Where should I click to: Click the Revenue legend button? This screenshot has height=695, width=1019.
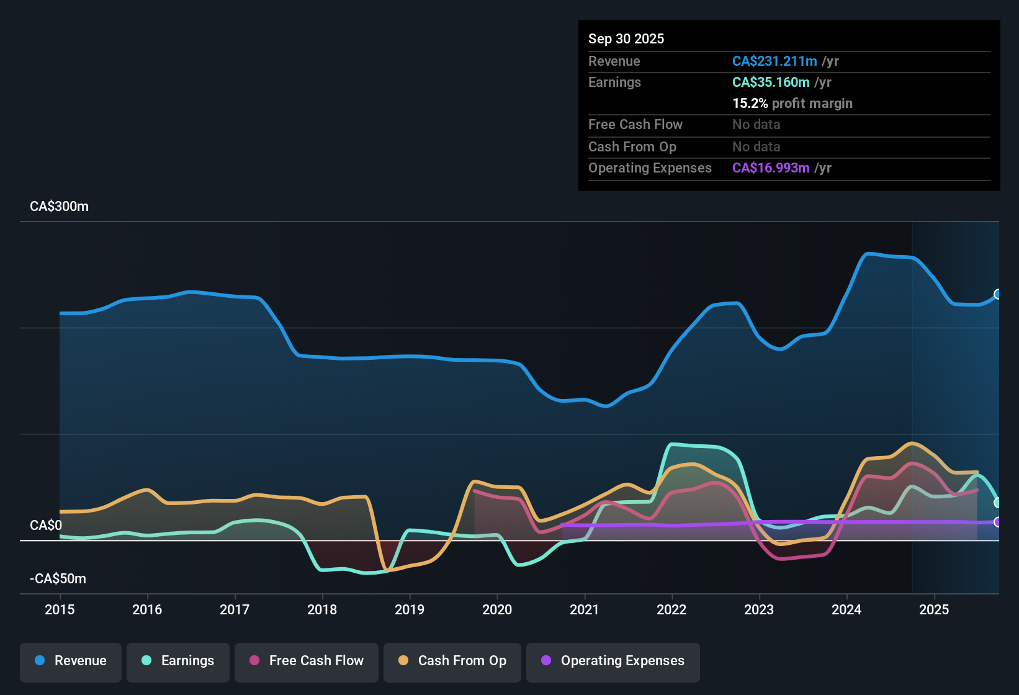coord(71,661)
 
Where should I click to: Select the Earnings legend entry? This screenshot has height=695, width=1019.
coord(178,661)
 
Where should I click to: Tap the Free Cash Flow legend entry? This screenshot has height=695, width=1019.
coord(307,661)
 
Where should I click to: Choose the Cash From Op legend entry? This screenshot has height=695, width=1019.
coord(452,661)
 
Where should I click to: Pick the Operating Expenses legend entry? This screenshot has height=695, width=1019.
coord(613,661)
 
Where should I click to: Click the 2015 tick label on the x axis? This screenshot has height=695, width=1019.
coord(60,610)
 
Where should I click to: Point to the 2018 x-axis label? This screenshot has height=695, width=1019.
coord(322,610)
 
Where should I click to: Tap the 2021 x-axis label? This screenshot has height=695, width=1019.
coord(584,610)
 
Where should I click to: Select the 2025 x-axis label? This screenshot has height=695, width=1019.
coord(934,610)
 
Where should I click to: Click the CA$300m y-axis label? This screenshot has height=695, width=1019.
coord(59,207)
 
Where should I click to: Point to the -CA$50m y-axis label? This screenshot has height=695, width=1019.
coord(58,579)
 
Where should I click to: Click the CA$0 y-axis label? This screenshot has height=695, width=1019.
coord(46,526)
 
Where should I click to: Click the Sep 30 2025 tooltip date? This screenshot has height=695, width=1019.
coord(626,39)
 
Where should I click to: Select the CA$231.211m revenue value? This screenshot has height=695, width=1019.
coord(774,61)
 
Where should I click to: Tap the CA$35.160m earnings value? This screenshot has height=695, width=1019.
coord(770,83)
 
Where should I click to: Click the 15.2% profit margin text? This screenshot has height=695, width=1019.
coord(792,104)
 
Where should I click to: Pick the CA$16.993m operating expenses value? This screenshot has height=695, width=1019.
coord(770,168)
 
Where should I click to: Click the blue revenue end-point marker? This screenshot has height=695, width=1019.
coord(998,294)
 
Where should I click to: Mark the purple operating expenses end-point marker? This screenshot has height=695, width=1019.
coord(998,522)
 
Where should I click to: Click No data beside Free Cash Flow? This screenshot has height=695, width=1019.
coord(756,125)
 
